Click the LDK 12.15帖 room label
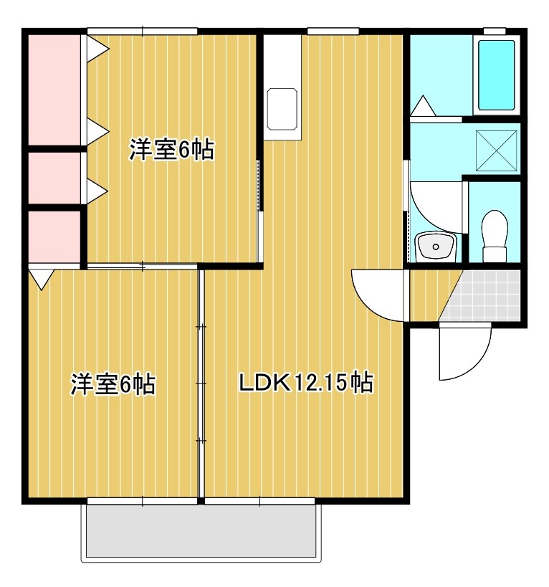pyautogui.click(x=305, y=383)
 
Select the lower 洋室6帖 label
pyautogui.click(x=113, y=384)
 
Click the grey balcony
pyautogui.click(x=199, y=530)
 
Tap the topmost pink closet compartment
pyautogui.click(x=54, y=89)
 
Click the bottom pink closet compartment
pyautogui.click(x=54, y=236)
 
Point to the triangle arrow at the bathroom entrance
pyautogui.click(x=422, y=106)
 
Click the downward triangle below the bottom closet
pyautogui.click(x=41, y=277)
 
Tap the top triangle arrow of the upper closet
pyautogui.click(x=96, y=49)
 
